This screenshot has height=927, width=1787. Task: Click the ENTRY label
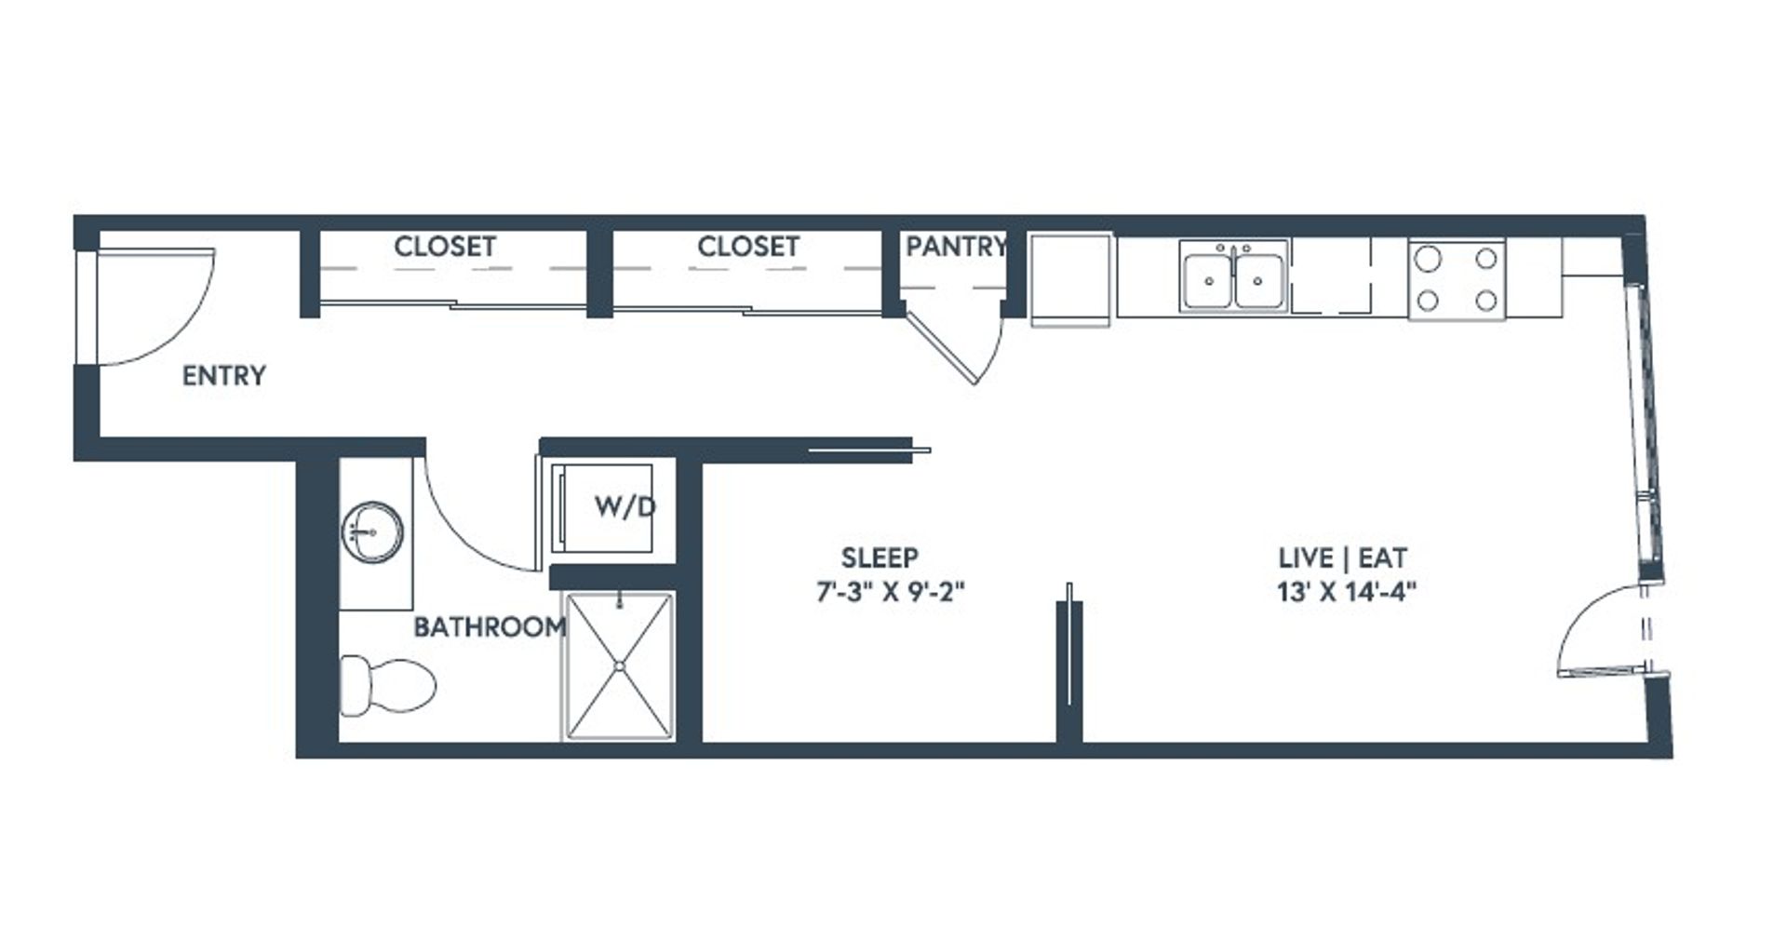tap(224, 375)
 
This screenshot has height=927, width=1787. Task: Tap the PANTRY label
tap(956, 246)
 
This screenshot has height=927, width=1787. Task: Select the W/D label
tap(625, 507)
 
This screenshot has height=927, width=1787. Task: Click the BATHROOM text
tap(490, 626)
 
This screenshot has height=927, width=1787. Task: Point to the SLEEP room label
tap(880, 558)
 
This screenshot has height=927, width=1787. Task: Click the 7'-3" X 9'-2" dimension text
tap(891, 591)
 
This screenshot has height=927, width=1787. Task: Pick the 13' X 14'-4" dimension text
tap(1347, 591)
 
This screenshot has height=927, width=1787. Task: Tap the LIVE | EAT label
tap(1342, 558)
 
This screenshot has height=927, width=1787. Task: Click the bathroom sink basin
tap(373, 532)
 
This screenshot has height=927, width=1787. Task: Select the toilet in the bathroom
tap(387, 686)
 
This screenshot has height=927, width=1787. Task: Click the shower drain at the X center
tap(620, 665)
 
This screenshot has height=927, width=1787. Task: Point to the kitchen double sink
tap(1234, 275)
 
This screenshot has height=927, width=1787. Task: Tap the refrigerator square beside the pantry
tap(1070, 279)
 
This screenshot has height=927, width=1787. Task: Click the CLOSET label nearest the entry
tap(445, 246)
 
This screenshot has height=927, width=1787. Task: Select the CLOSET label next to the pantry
tap(748, 246)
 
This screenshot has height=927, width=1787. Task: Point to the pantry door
tap(942, 347)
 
